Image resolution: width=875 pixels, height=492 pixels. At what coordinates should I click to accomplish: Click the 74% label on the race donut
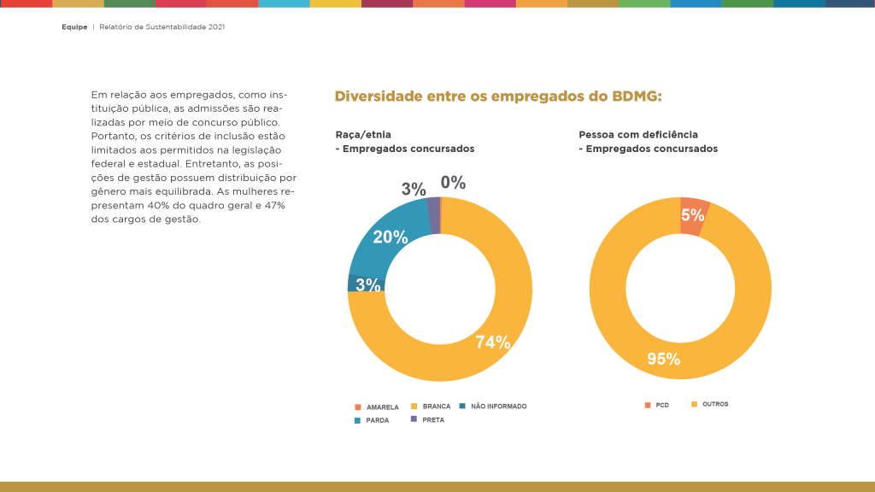(x=493, y=343)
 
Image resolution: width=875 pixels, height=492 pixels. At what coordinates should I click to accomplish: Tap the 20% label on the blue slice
(x=391, y=237)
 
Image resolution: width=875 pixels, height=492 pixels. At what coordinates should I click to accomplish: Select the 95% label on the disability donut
(x=664, y=359)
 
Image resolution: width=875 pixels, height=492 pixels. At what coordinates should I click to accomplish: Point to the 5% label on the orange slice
(x=693, y=216)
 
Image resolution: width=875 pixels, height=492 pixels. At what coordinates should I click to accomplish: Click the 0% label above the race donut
(x=453, y=183)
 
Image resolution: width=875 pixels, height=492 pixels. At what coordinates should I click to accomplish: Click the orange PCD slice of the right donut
(x=694, y=214)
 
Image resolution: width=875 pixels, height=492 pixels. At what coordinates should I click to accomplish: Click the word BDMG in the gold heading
(x=637, y=97)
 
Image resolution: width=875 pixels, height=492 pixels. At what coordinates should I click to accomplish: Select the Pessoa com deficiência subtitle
(x=638, y=135)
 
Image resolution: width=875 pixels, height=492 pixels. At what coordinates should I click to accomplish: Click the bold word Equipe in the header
(x=74, y=27)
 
